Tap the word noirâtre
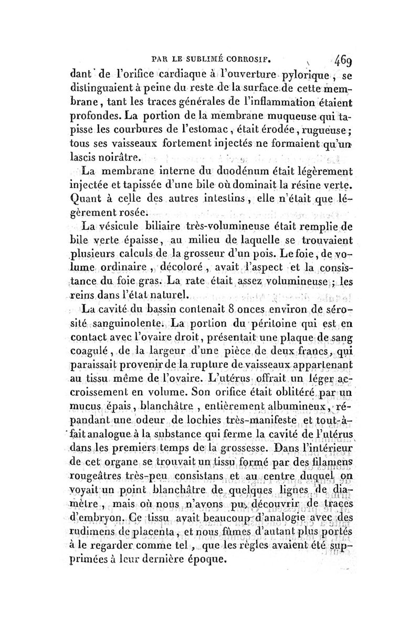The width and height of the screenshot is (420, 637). coord(113,157)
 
